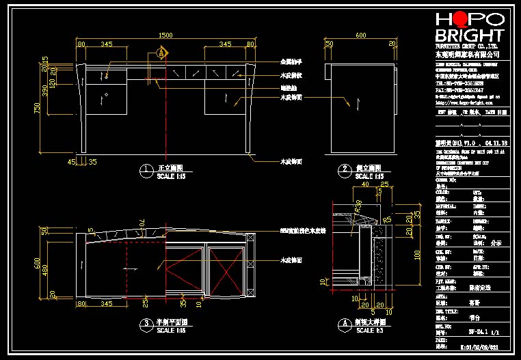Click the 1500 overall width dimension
click(165, 35)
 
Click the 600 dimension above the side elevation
click(360, 35)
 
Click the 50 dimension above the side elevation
click(329, 44)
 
